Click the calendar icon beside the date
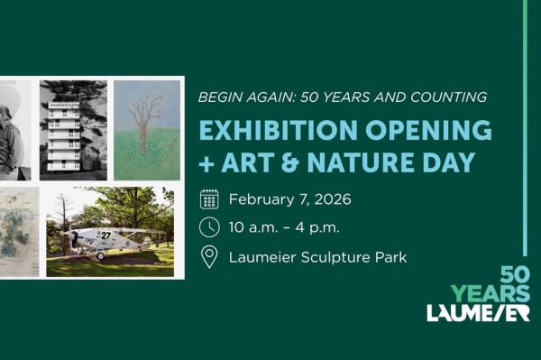pyautogui.click(x=209, y=199)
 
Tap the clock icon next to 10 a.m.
pyautogui.click(x=209, y=227)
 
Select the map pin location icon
pyautogui.click(x=209, y=257)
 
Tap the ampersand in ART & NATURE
pyautogui.click(x=289, y=162)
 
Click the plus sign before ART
pyautogui.click(x=206, y=163)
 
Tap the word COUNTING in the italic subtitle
pyautogui.click(x=448, y=97)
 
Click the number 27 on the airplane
pyautogui.click(x=105, y=235)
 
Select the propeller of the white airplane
pyautogui.click(x=70, y=237)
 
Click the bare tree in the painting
pyautogui.click(x=145, y=124)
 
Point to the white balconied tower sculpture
pyautogui.click(x=65, y=135)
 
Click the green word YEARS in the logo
pyautogui.click(x=491, y=293)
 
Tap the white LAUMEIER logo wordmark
pyautogui.click(x=478, y=313)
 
